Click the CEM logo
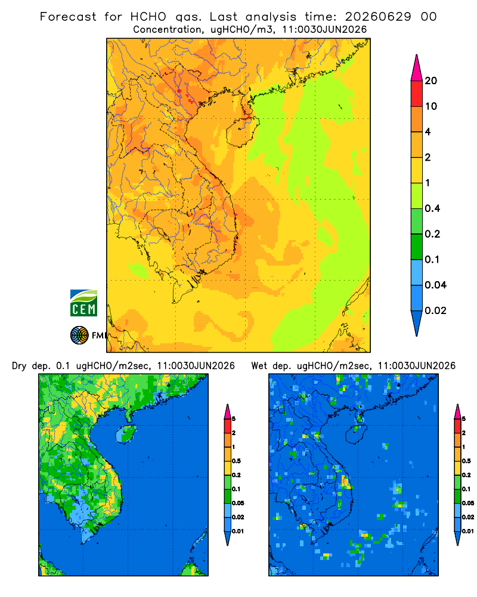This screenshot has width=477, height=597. coord(83,303)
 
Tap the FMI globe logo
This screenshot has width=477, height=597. coord(79,336)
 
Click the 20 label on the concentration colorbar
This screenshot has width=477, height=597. coord(431,81)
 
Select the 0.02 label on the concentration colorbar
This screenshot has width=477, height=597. coord(435,310)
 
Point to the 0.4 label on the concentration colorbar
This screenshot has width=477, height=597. coord(432,208)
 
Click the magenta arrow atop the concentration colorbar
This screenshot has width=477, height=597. coord(417,67)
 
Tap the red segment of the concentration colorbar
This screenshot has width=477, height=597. coord(417,94)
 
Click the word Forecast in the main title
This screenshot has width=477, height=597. coord(68,17)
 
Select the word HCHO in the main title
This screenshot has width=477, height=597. coord(148,17)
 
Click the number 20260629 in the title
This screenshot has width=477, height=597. coord(378,17)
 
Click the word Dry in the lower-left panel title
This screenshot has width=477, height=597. coord(20,366)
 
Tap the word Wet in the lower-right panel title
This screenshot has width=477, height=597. coord(259,366)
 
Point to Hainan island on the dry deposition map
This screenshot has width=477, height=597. coord(126,433)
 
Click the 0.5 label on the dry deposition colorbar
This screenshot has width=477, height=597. coord(236,461)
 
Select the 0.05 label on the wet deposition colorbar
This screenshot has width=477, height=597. coord(468,503)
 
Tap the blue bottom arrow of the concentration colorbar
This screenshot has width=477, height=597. coord(417,324)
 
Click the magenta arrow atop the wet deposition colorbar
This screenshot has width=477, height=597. coord(457,411)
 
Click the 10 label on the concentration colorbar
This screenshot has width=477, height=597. coord(431,106)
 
